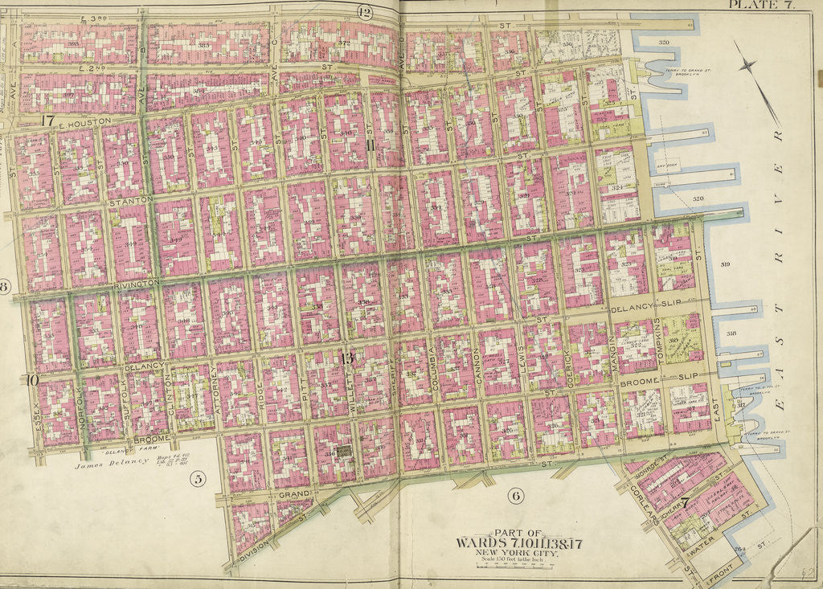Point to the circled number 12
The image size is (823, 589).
pyautogui.click(x=365, y=11)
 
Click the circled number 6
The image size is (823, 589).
pyautogui.click(x=515, y=496)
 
